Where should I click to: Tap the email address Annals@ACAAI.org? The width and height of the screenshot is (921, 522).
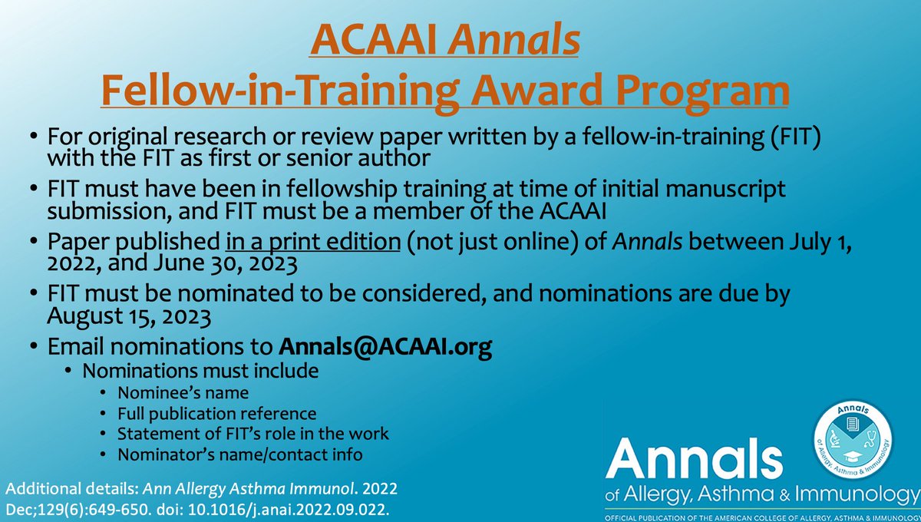coord(385,346)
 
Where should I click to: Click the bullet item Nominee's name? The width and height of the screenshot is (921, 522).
coord(183,393)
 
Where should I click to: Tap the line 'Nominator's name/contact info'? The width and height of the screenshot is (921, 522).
coord(239,454)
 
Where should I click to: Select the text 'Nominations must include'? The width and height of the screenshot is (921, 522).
coord(200,371)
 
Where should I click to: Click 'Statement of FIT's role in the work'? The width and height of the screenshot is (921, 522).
coord(253,434)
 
